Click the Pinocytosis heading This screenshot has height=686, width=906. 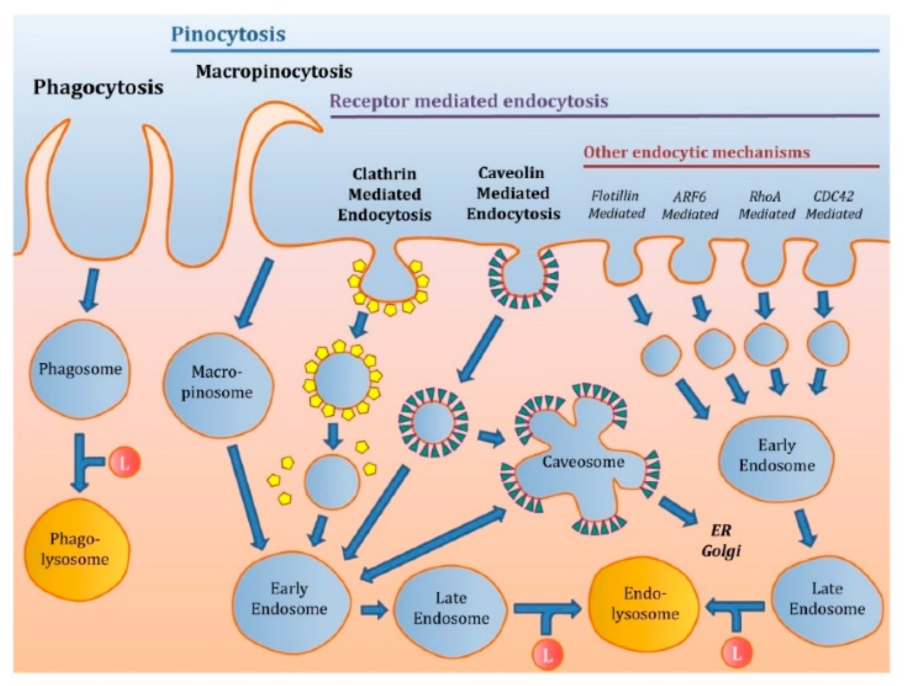click(x=228, y=34)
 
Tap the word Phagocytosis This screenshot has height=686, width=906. click(x=98, y=87)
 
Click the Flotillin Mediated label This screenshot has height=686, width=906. click(x=616, y=204)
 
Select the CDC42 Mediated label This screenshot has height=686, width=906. click(x=834, y=205)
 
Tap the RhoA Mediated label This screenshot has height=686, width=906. click(x=765, y=205)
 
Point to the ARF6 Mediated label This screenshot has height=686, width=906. click(x=690, y=205)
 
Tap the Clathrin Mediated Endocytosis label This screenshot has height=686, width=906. click(x=384, y=194)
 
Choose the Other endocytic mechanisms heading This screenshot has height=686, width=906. click(x=696, y=152)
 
